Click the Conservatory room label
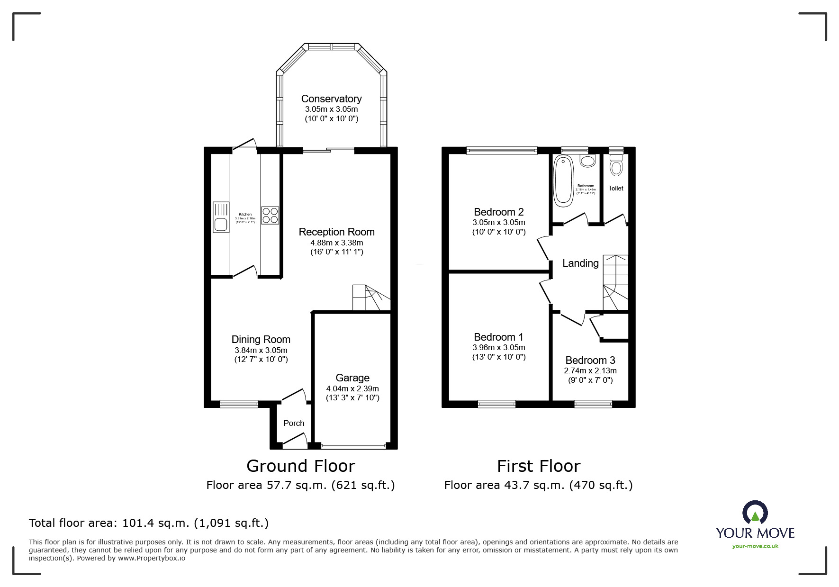point(331,99)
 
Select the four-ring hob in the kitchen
point(270,216)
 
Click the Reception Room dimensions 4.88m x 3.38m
point(336,243)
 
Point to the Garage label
point(352,378)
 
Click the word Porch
point(294,423)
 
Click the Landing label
point(580,263)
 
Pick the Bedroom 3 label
point(590,360)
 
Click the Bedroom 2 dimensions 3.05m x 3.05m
point(498,222)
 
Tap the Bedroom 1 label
point(498,337)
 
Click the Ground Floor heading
point(300,466)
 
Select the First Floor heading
point(538,466)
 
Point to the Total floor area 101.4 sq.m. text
point(149,523)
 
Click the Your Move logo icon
point(755,513)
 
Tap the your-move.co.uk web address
point(755,546)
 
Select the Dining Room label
point(261,339)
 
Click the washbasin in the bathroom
point(587,161)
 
